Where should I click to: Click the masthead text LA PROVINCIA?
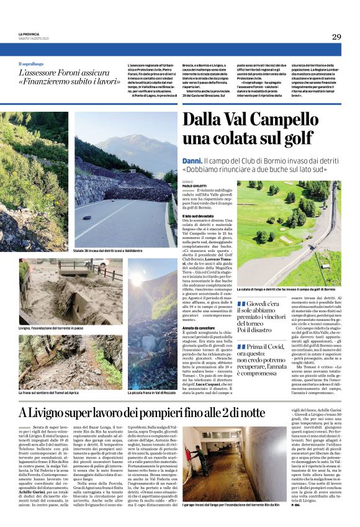click(x=28, y=33)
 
